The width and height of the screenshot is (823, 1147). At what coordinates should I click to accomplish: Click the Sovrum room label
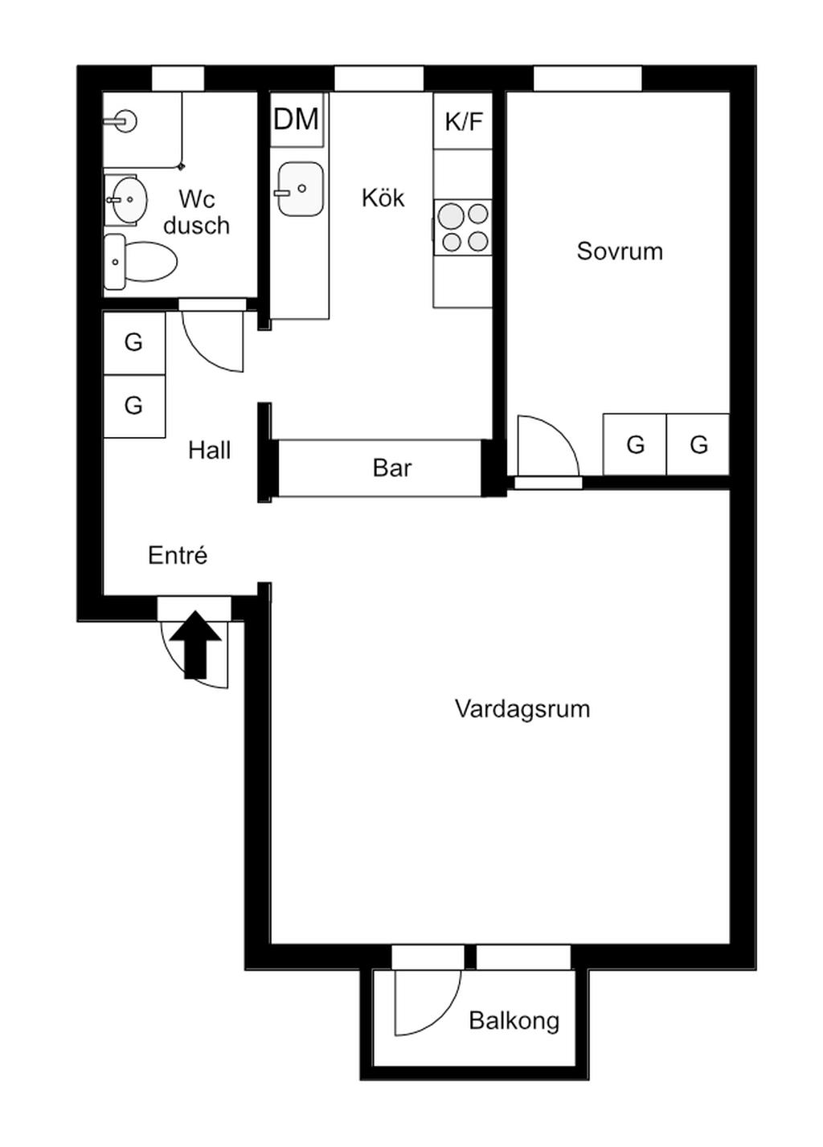[x=619, y=251]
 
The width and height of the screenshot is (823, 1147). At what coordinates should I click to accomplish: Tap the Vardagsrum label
[x=522, y=709]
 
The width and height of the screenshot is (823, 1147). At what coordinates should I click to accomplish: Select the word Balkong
[x=514, y=1021]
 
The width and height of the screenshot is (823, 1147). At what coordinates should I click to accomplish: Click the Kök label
[x=383, y=198]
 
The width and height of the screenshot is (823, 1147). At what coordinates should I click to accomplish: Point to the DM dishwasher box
[x=297, y=120]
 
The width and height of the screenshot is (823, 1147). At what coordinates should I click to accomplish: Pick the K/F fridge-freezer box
[x=463, y=120]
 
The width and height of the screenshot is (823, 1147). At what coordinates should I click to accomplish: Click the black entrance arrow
[x=195, y=644]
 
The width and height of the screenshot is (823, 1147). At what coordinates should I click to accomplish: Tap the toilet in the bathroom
[x=141, y=262]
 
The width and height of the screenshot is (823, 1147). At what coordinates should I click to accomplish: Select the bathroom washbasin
[x=126, y=200]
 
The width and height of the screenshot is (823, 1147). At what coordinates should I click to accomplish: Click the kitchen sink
[x=301, y=189]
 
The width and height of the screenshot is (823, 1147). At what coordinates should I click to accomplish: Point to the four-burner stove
[x=463, y=227]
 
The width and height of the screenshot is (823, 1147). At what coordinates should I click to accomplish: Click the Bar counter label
[x=392, y=468]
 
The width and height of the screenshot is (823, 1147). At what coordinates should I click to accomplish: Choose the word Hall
[x=209, y=451]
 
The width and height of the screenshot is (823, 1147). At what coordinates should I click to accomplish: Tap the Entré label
[x=178, y=556]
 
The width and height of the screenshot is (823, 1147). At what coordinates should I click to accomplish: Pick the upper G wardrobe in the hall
[x=134, y=342]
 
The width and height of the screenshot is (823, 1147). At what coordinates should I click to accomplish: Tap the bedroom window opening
[x=588, y=79]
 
